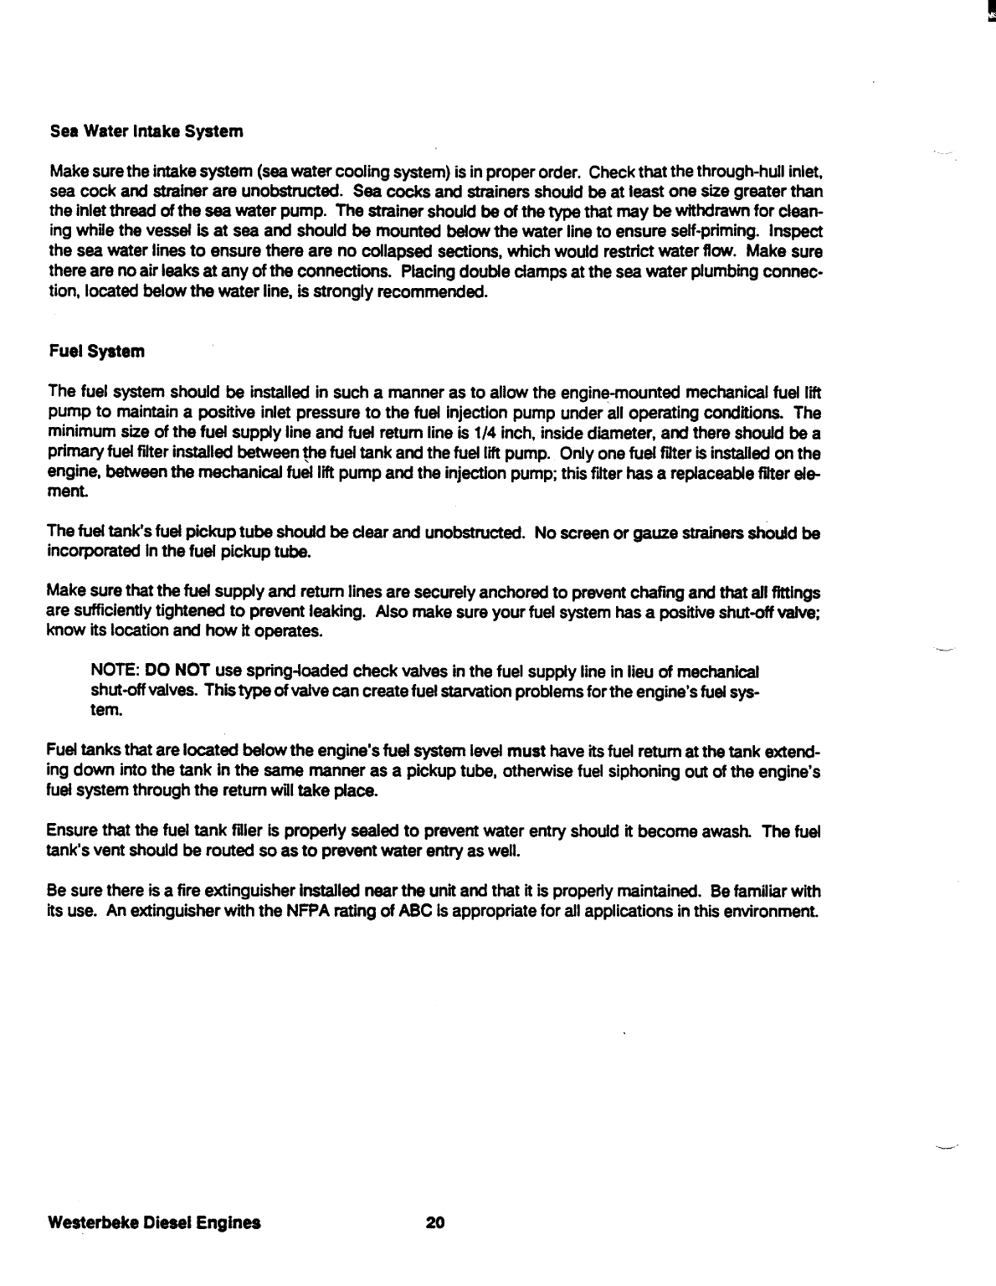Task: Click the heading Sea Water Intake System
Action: [x=146, y=131]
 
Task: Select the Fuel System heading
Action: [x=96, y=352]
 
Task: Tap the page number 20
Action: [x=434, y=1222]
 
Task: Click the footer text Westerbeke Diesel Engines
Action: [x=154, y=1222]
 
